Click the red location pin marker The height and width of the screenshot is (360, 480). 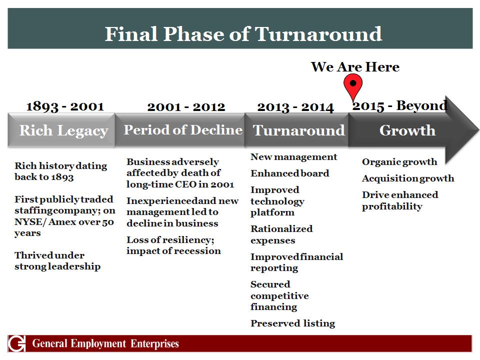353,85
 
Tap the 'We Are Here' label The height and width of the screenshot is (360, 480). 355,66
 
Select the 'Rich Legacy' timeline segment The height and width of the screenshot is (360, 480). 61,130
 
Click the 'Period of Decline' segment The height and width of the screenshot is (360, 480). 180,130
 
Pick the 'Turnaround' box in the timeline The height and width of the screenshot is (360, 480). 296,130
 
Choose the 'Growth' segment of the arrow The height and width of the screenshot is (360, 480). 407,130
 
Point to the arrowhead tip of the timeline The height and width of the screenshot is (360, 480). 479,130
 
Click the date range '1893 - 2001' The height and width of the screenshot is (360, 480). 65,106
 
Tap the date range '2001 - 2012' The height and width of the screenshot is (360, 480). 186,107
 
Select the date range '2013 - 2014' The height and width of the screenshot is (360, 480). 295,107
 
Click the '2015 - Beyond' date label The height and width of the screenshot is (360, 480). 400,106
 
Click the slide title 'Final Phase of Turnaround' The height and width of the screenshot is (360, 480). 243,33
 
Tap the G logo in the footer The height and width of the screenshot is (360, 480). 17,343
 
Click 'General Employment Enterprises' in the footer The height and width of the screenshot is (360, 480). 105,343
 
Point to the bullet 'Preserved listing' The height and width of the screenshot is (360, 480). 292,323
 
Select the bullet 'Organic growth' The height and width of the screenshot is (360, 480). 399,162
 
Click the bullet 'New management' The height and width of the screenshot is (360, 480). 293,157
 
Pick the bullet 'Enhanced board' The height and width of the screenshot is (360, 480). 289,173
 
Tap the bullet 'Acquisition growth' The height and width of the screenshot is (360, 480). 408,178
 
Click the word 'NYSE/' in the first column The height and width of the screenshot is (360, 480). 30,221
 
